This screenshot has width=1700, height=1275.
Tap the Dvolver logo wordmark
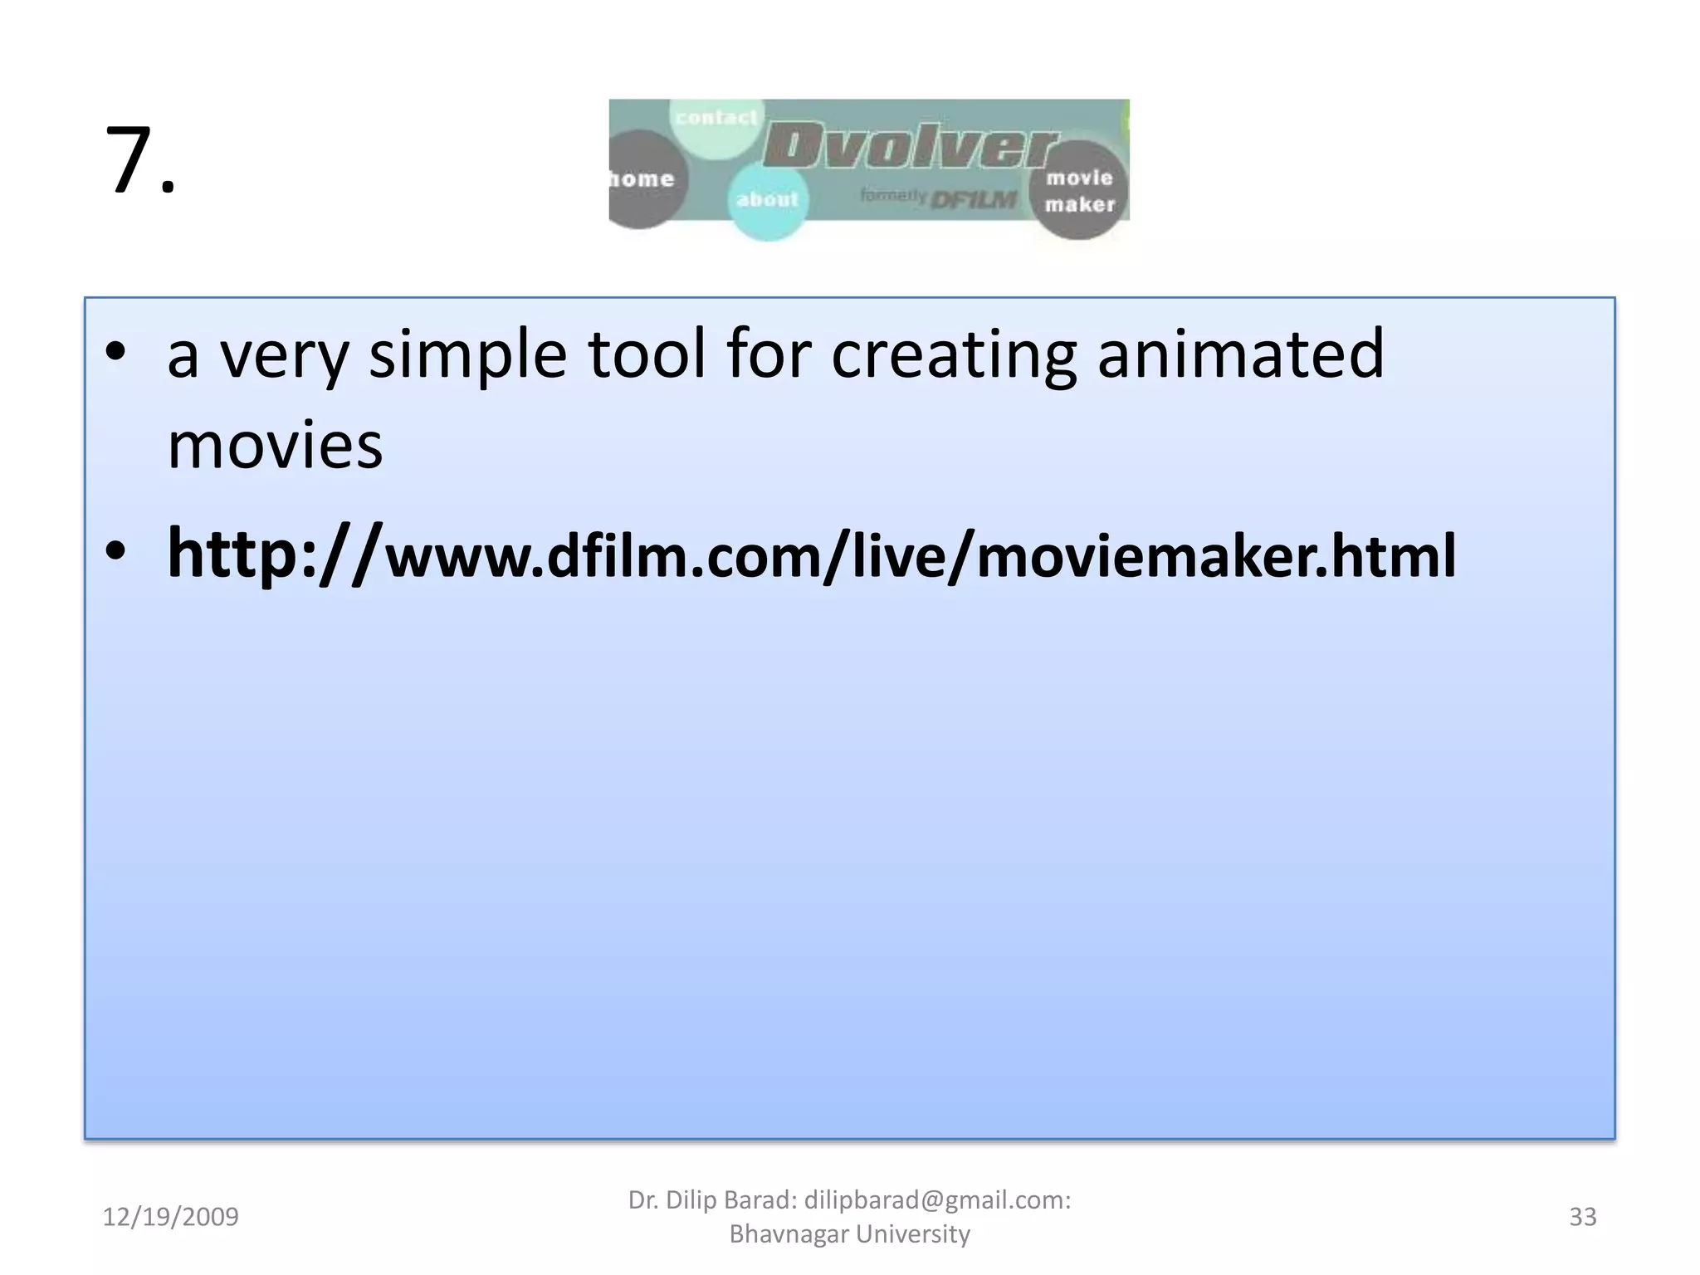point(909,147)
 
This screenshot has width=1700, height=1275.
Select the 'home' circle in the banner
point(642,179)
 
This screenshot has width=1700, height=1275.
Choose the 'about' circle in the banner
point(767,200)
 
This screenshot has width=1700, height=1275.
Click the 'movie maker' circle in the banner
point(1079,191)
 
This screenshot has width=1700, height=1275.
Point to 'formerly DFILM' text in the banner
point(938,198)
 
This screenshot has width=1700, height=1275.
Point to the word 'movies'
point(275,446)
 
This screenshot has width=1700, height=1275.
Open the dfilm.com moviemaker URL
point(811,554)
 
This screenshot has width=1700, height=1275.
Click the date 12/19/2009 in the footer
point(170,1217)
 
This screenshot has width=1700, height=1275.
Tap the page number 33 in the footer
point(1582,1217)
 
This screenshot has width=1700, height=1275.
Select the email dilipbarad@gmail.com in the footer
point(936,1200)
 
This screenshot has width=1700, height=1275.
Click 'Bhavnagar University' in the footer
point(849,1234)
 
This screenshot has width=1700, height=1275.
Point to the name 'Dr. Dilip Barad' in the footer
point(711,1200)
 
